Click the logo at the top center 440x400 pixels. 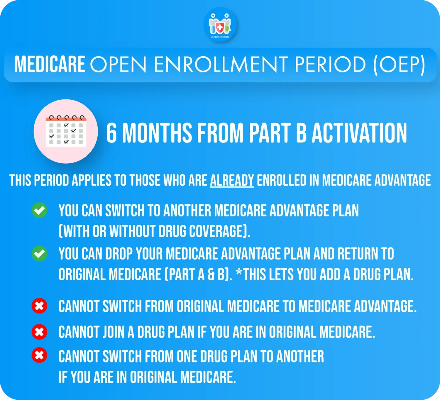tap(220, 25)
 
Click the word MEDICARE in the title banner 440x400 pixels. tap(50, 64)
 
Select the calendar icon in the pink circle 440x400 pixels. tap(66, 131)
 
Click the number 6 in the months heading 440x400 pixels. tap(111, 133)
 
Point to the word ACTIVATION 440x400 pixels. tap(359, 133)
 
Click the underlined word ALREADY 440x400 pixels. tap(232, 180)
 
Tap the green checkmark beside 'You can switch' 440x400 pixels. tap(39, 210)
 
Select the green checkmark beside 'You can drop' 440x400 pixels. tap(39, 253)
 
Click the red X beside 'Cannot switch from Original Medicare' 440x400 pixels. tap(39, 306)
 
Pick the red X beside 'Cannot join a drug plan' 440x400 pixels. tap(39, 332)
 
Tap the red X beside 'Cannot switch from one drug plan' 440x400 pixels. tap(39, 355)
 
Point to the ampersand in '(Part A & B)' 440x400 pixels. tap(211, 275)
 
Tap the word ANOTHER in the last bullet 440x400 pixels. tap(300, 356)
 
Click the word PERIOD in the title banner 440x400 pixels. tap(330, 64)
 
